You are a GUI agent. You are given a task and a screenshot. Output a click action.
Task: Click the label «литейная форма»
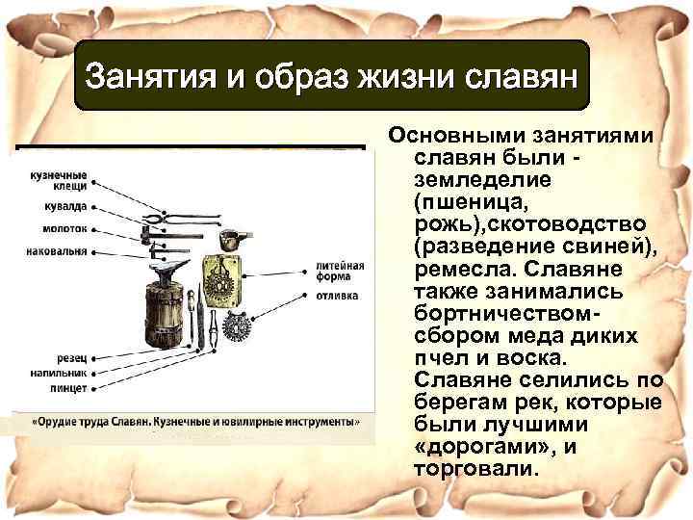pos(339,272)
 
